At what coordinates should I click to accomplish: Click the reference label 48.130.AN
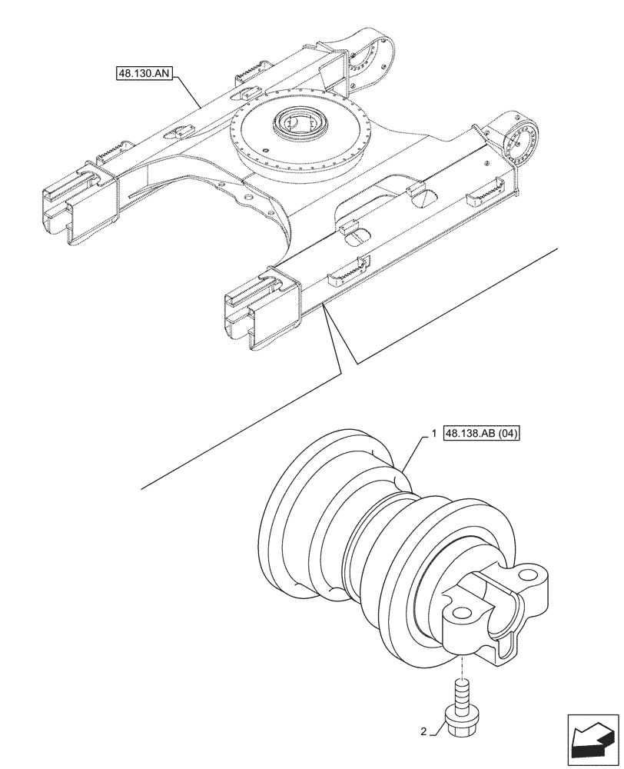tap(144, 74)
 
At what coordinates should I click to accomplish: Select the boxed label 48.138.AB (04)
tap(483, 434)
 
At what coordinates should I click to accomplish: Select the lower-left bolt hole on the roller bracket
tap(461, 614)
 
